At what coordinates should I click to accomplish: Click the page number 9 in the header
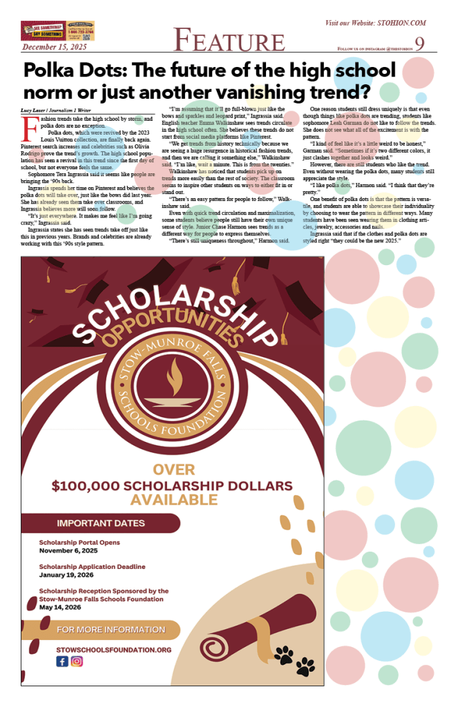(x=420, y=43)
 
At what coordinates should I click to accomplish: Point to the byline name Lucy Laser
(x=37, y=110)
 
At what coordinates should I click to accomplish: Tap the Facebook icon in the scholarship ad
(x=62, y=661)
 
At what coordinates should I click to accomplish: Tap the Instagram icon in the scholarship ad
(x=77, y=661)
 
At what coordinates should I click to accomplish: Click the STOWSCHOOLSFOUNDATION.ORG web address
(x=114, y=650)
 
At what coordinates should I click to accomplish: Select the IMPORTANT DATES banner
(x=101, y=523)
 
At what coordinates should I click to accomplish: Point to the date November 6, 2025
(x=68, y=550)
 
